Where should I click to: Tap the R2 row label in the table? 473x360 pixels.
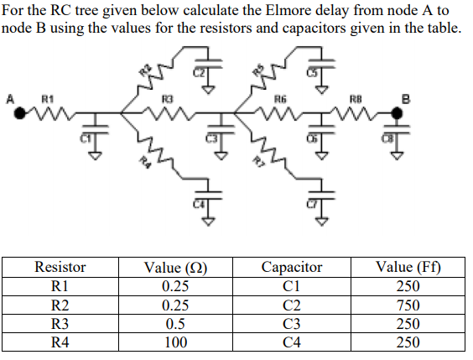60,305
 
